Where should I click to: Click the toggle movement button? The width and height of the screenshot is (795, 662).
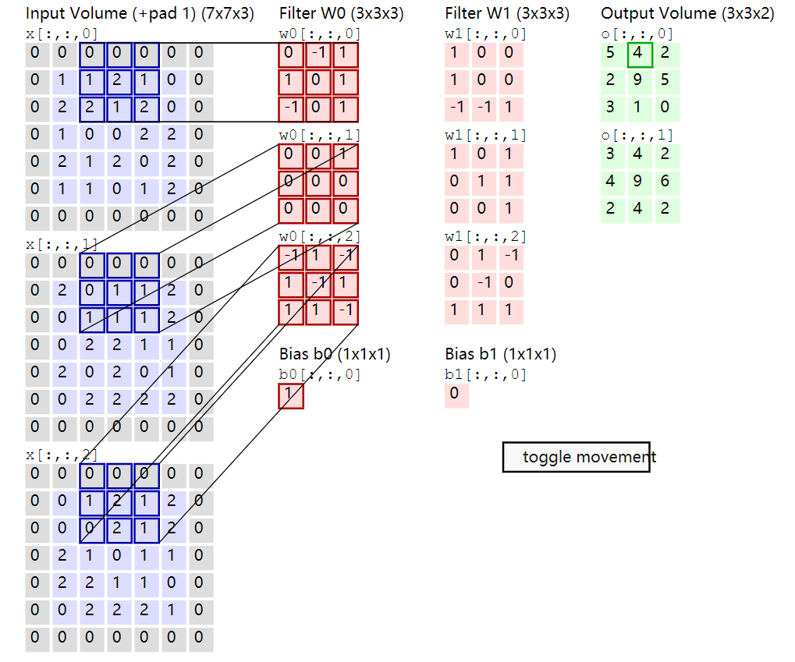(x=576, y=457)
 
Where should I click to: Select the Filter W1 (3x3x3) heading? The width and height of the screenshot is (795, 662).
(x=506, y=13)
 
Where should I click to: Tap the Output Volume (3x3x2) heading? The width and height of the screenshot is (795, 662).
(x=687, y=13)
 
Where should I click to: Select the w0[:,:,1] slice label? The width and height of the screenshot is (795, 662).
(x=320, y=135)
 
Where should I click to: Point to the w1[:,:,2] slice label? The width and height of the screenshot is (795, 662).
(x=485, y=236)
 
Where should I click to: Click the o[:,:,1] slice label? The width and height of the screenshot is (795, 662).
(x=637, y=135)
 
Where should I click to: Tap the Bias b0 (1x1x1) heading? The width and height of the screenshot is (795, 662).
(x=335, y=354)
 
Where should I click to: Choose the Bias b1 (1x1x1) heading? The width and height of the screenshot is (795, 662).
(x=500, y=354)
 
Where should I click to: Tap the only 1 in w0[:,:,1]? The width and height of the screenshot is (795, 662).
(x=345, y=154)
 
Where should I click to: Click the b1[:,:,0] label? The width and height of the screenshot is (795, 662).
(x=485, y=374)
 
